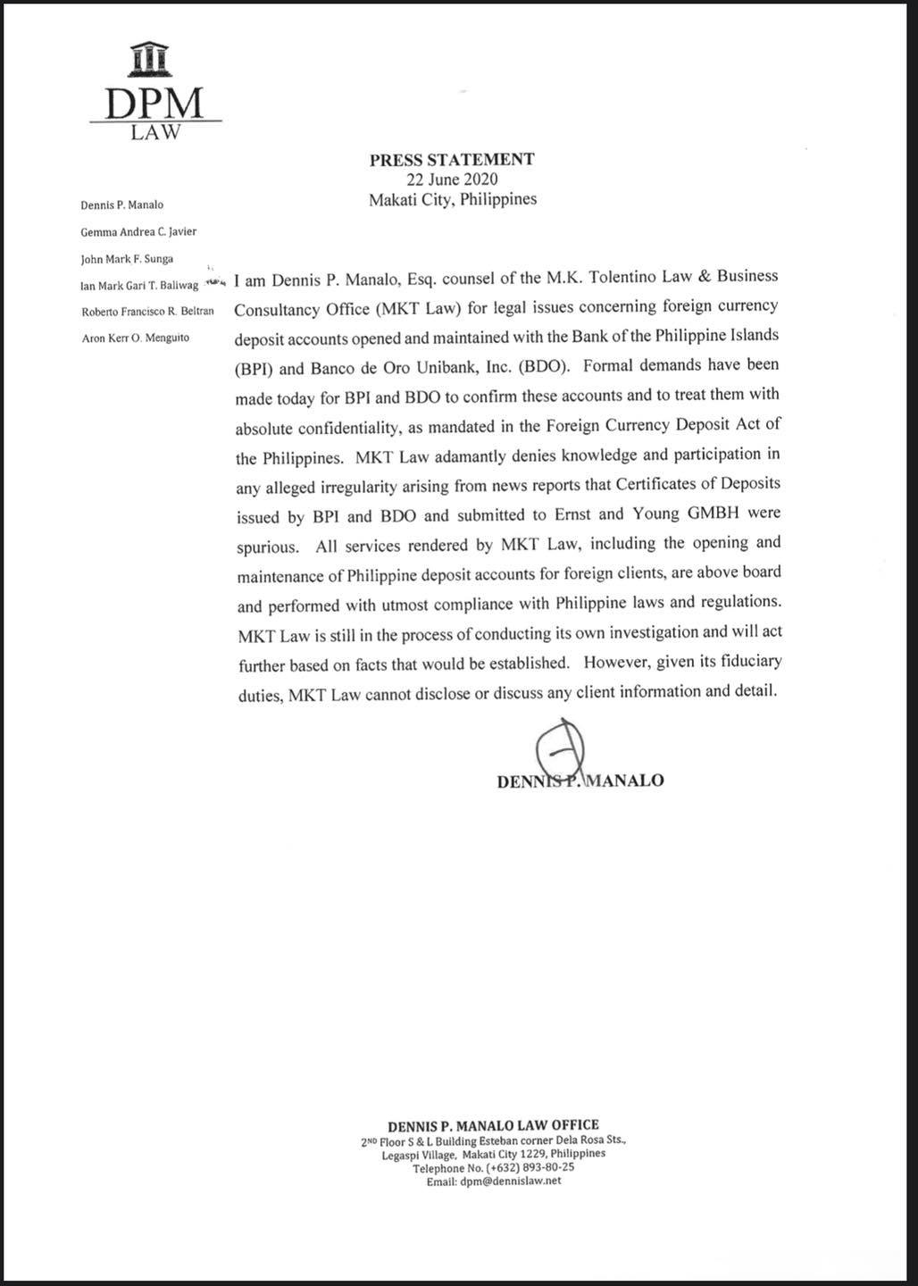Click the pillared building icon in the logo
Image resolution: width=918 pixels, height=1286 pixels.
pyautogui.click(x=149, y=60)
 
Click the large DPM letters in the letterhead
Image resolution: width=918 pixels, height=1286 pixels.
pyautogui.click(x=154, y=103)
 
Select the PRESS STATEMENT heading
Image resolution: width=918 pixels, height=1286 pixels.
pyautogui.click(x=452, y=160)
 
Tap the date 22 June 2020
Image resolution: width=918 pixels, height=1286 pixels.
pyautogui.click(x=452, y=180)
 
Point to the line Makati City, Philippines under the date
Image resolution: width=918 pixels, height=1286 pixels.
pyautogui.click(x=453, y=199)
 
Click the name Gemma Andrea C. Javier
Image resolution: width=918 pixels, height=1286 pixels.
pyautogui.click(x=138, y=232)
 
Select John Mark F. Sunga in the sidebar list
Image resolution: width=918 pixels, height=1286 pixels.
pyautogui.click(x=127, y=259)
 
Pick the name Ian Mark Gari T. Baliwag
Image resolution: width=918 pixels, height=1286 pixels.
pyautogui.click(x=139, y=286)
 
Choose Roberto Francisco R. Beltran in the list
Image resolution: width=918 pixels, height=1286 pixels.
pyautogui.click(x=147, y=312)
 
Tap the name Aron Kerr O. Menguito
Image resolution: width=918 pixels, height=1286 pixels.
pyautogui.click(x=135, y=338)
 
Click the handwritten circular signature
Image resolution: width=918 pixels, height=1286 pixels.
pyautogui.click(x=559, y=748)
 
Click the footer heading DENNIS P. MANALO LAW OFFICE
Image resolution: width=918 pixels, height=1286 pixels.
pyautogui.click(x=493, y=1125)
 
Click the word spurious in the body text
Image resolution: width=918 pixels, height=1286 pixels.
pyautogui.click(x=267, y=547)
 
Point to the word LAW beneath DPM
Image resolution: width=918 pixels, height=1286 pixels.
pyautogui.click(x=154, y=133)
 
